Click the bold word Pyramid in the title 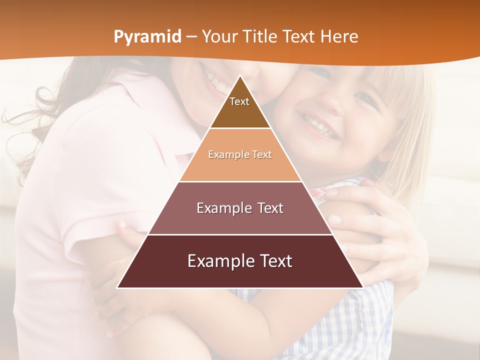click(x=147, y=37)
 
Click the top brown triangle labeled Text click(x=240, y=107)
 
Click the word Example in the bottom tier click(x=216, y=261)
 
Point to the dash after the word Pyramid click(x=191, y=37)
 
